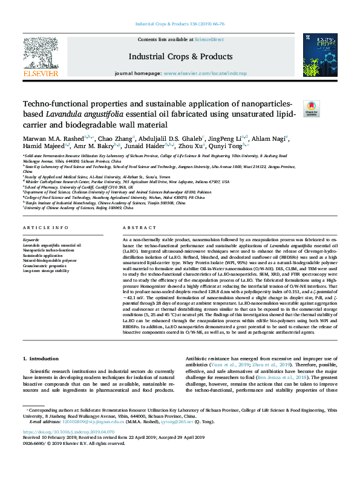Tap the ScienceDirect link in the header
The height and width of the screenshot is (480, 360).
[x=209, y=39]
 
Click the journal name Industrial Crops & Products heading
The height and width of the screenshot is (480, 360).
[x=180, y=57]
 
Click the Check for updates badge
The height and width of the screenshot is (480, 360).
[x=311, y=108]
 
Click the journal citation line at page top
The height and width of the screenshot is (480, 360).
[x=180, y=25]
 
